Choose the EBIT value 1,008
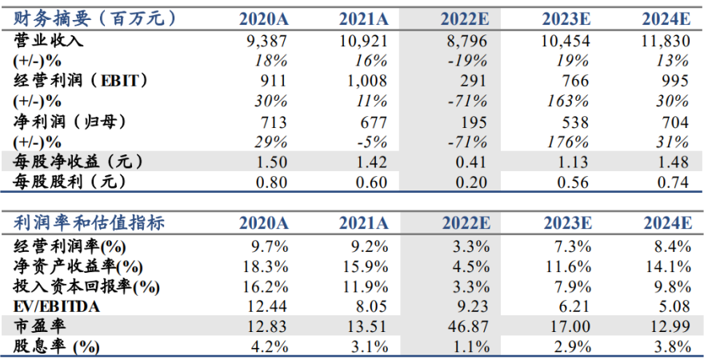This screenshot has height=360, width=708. (363, 81)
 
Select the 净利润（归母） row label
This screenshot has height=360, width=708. (70, 122)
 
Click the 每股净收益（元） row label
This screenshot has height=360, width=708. (78, 162)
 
